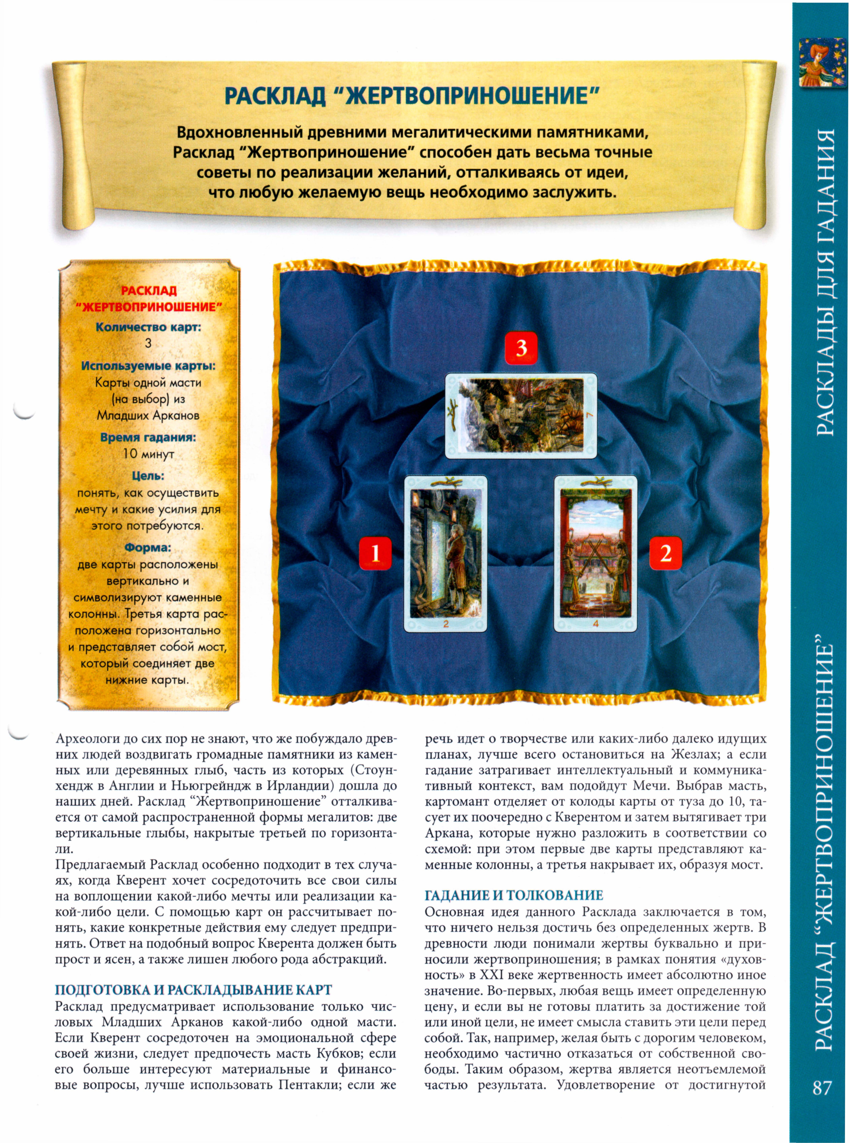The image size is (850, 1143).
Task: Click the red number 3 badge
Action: click(x=521, y=348)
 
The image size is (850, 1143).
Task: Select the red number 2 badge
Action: click(x=665, y=553)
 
